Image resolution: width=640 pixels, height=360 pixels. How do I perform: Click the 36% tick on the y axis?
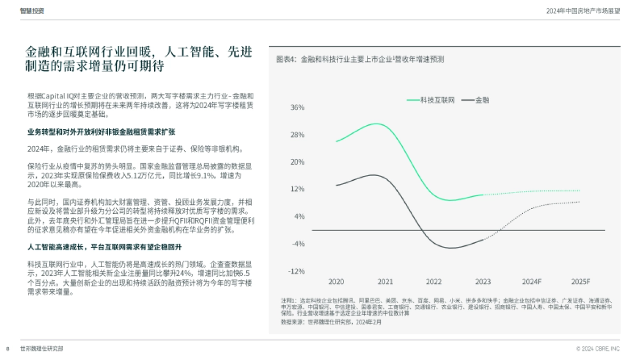click(297, 108)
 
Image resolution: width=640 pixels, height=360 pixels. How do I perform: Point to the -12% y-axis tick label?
click(296, 271)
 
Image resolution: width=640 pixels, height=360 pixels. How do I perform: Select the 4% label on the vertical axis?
click(299, 217)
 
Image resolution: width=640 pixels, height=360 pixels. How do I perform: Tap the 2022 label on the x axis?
click(434, 282)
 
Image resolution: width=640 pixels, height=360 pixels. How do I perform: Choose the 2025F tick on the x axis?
click(580, 282)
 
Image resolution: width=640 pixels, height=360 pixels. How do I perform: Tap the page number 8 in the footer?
click(8, 348)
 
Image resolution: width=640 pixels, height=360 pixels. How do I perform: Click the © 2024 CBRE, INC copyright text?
click(598, 348)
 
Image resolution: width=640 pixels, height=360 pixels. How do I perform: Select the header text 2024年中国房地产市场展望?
click(583, 11)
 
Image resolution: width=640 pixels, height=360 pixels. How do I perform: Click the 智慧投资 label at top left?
click(32, 11)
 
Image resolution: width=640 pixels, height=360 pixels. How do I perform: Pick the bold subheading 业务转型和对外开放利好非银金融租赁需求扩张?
click(101, 131)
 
